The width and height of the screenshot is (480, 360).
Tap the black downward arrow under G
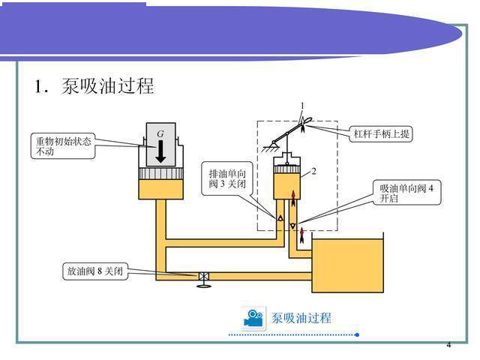point(160,151)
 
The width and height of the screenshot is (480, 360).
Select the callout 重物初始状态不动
point(63,146)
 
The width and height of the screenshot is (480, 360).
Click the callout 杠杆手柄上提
point(381,133)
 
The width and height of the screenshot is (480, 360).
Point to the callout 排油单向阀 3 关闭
point(227,178)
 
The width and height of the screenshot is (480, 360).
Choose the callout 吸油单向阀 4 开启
point(406,193)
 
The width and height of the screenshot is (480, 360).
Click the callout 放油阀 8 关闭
point(95,271)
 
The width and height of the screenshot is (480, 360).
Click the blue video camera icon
point(253,318)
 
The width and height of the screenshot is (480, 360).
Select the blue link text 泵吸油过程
point(301,318)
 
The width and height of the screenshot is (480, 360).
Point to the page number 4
point(448,345)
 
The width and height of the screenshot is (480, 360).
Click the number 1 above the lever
point(302,106)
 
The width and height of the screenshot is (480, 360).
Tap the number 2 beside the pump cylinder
point(313,171)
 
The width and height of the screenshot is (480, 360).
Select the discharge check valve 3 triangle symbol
point(280,218)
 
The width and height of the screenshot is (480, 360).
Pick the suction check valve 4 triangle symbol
point(293,226)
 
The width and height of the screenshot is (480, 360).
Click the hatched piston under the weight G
point(160,173)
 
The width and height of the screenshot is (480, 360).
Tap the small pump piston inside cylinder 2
point(286,169)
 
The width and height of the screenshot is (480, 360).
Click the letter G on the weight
point(160,133)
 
